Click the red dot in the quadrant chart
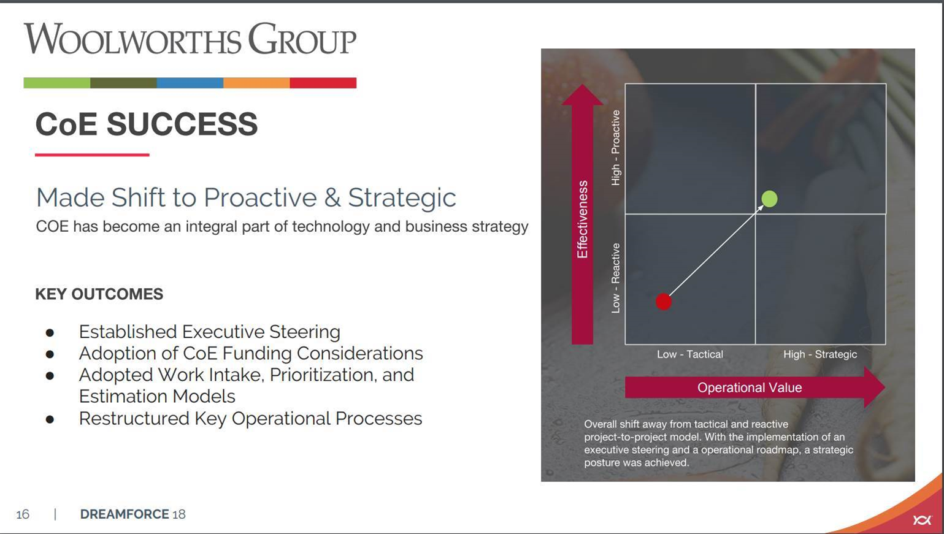[663, 302]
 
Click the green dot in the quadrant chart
[769, 199]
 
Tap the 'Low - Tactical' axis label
[690, 354]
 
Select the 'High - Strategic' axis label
[820, 354]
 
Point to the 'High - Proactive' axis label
[616, 148]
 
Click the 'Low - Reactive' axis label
[616, 278]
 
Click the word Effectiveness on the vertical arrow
[582, 219]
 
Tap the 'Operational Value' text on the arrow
[750, 387]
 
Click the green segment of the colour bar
[57, 83]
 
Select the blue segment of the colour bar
[190, 83]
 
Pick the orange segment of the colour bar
[256, 83]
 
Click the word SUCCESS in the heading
[182, 124]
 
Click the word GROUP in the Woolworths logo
[302, 39]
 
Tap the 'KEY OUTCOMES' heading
[99, 294]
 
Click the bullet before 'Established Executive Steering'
[50, 333]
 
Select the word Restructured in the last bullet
[134, 419]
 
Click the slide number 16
[23, 514]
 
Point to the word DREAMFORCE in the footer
[125, 514]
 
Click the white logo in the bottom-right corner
[922, 520]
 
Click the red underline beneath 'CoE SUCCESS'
[92, 155]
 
